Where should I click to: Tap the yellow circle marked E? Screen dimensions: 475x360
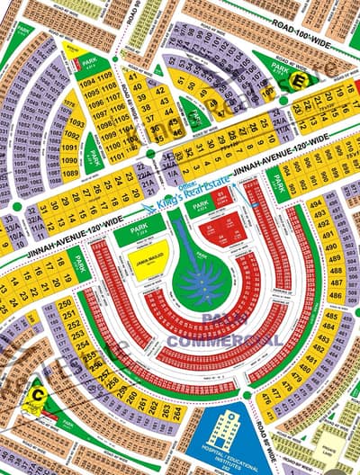(299, 80)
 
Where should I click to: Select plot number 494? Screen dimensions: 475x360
(316, 204)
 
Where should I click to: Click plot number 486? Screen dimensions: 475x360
(335, 295)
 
